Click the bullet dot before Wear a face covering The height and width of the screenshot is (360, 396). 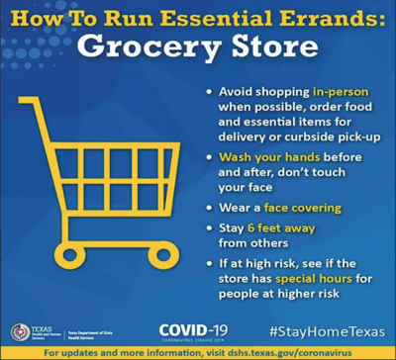(x=208, y=209)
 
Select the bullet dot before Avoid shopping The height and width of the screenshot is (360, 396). (x=208, y=91)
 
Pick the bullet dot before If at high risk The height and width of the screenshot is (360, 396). (x=208, y=263)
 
